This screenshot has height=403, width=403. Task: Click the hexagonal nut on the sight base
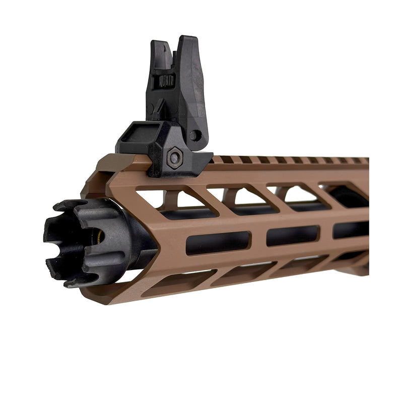174,156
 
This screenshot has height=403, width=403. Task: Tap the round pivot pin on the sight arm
195,135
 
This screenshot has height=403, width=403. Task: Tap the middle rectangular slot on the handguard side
292,235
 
